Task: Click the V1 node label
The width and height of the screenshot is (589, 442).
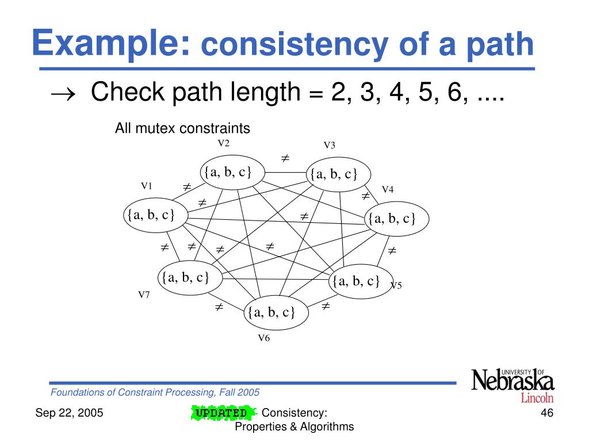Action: (147, 186)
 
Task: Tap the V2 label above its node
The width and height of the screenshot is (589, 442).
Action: (223, 143)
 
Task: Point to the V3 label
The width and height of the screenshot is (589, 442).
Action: (329, 145)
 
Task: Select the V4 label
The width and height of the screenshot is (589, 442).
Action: (388, 190)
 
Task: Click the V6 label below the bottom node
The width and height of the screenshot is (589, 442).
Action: (263, 338)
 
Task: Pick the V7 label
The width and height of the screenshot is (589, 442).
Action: (144, 295)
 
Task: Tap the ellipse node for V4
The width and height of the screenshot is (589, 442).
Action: (398, 219)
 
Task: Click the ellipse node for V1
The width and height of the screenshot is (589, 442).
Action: (151, 215)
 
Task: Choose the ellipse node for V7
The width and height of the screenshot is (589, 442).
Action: (185, 278)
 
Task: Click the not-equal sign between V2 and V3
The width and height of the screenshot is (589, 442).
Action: (284, 158)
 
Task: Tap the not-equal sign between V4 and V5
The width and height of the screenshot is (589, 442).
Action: (392, 251)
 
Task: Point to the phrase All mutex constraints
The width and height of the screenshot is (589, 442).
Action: (182, 128)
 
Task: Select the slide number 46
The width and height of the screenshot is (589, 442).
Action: (547, 413)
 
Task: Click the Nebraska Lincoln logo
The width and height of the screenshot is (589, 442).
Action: (513, 385)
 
